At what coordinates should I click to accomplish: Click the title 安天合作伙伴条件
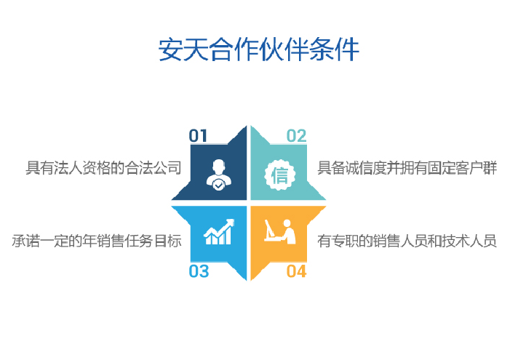pyautogui.click(x=259, y=49)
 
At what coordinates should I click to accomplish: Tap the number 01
pyautogui.click(x=198, y=135)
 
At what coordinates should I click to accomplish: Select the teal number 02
pyautogui.click(x=296, y=135)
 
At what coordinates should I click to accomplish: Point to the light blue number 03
pyautogui.click(x=199, y=271)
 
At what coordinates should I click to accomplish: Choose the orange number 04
pyautogui.click(x=296, y=271)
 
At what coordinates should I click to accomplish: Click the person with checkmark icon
pyautogui.click(x=218, y=175)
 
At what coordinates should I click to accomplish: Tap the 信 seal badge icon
pyautogui.click(x=279, y=175)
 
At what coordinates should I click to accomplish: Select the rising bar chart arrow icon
pyautogui.click(x=219, y=231)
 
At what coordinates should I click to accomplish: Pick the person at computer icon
pyautogui.click(x=280, y=231)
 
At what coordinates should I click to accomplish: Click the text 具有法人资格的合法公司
pyautogui.click(x=103, y=168)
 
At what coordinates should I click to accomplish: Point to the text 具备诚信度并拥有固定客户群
pyautogui.click(x=407, y=168)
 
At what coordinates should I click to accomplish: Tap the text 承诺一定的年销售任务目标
pyautogui.click(x=97, y=241)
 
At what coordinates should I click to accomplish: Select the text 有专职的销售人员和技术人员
pyautogui.click(x=407, y=241)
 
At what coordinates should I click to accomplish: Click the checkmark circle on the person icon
pyautogui.click(x=218, y=185)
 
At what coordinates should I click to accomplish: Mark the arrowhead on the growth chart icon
pyautogui.click(x=231, y=222)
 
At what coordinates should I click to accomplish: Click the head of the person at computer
pyautogui.click(x=287, y=223)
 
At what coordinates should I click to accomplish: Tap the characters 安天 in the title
pyautogui.click(x=183, y=49)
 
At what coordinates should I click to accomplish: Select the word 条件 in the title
pyautogui.click(x=335, y=49)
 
